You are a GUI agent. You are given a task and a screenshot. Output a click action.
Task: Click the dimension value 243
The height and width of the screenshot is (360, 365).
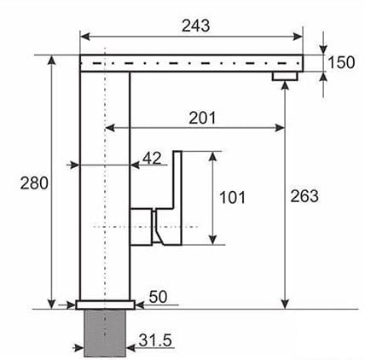(x=196, y=26)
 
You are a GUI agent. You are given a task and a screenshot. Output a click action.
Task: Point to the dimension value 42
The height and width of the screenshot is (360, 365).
(x=152, y=158)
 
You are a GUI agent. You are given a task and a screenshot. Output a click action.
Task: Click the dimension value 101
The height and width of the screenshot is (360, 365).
(x=232, y=198)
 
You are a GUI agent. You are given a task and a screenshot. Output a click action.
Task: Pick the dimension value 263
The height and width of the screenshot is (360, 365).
(x=304, y=196)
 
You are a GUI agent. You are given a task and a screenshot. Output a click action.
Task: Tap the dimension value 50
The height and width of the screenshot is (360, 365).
(x=158, y=295)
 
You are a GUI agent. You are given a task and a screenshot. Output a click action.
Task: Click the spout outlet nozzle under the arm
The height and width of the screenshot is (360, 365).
(x=284, y=77)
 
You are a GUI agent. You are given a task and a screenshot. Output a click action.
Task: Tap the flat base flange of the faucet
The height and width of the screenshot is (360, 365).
(x=104, y=304)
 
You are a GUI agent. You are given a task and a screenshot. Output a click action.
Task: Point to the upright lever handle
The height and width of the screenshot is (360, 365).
(x=177, y=183)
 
